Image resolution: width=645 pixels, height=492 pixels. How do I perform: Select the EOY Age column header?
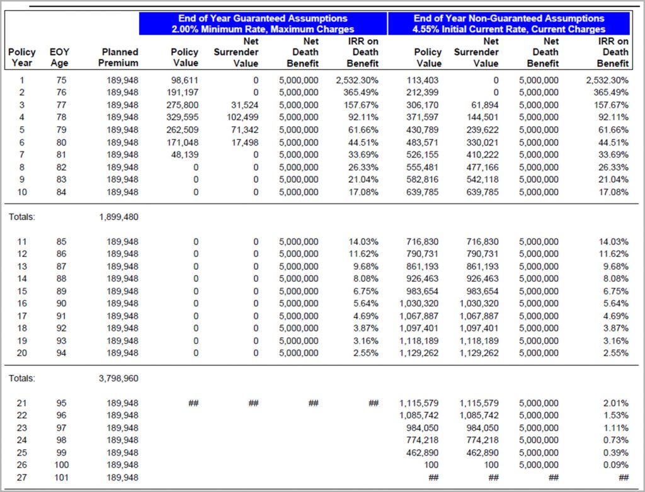point(59,57)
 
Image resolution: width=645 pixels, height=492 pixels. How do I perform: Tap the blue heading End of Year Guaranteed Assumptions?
point(263,23)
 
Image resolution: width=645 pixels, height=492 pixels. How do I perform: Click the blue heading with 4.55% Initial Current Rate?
point(509,23)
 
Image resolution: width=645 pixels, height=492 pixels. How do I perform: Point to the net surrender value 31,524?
point(245,105)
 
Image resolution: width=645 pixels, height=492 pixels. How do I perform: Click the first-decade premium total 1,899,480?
point(118,217)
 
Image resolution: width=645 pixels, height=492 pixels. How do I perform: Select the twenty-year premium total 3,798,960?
point(118,378)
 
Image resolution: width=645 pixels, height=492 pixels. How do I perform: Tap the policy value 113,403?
point(423,80)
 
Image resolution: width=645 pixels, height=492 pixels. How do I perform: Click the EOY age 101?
point(61,478)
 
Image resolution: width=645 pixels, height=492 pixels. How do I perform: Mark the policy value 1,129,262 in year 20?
point(419,353)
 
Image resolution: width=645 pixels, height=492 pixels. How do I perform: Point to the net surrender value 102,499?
point(243,117)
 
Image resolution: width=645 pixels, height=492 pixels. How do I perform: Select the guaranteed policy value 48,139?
point(185,155)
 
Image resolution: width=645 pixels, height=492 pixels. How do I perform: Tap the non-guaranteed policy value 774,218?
point(423,440)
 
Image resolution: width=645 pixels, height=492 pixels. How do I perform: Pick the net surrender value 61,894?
point(485,105)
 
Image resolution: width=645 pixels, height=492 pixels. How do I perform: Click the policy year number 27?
point(22,478)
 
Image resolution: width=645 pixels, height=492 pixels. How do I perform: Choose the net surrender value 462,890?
point(482,452)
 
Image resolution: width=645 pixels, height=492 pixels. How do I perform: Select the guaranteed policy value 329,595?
point(183,117)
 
